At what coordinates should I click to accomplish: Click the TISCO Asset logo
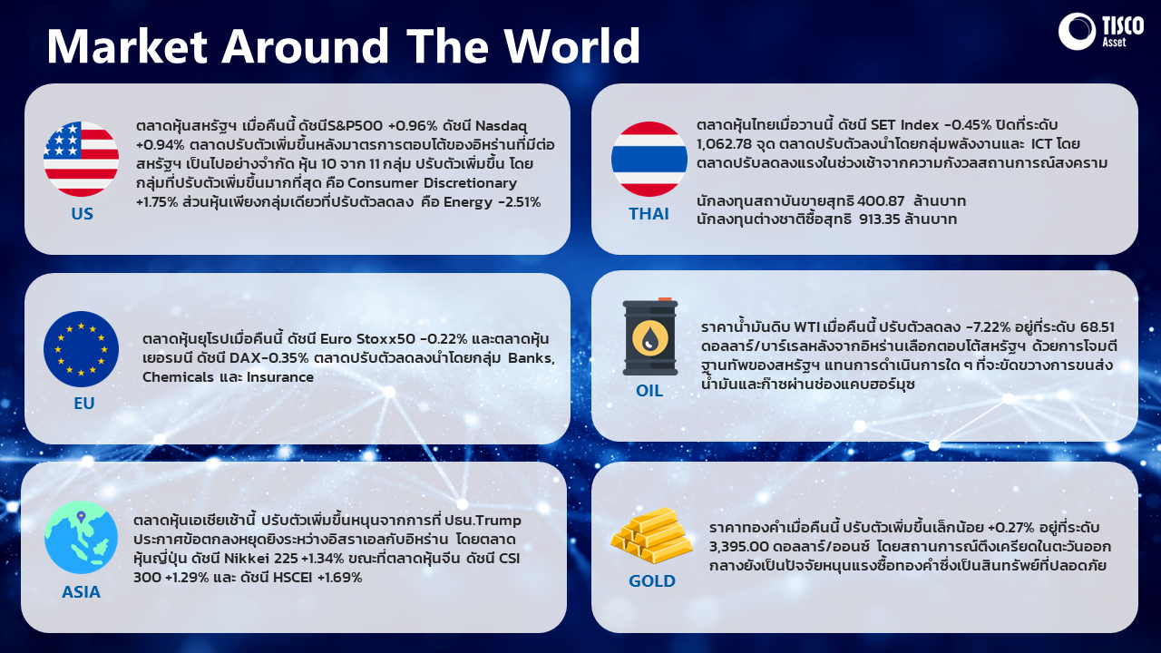pos(1101,32)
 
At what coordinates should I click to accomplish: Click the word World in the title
pos(572,45)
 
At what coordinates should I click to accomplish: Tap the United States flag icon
pos(81,159)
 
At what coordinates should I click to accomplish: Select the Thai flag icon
pos(649,159)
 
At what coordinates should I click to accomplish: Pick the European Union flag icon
pos(81,349)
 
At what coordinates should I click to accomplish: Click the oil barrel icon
pos(650,336)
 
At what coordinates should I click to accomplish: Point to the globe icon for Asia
pos(81,538)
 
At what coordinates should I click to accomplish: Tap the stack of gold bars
pos(651,535)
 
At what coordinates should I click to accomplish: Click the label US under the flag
pos(82,213)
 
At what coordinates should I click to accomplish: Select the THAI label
pos(649,213)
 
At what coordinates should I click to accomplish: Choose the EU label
pos(84,404)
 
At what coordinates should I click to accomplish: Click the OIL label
pos(649,390)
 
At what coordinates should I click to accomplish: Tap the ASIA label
pos(81,592)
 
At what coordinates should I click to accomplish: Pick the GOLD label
pos(652,581)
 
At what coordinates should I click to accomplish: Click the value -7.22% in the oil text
pos(988,327)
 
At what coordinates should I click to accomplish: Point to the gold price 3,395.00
pos(739,546)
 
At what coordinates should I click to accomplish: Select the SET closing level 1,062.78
pos(724,143)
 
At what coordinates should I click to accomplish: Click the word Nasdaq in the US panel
pos(501,126)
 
